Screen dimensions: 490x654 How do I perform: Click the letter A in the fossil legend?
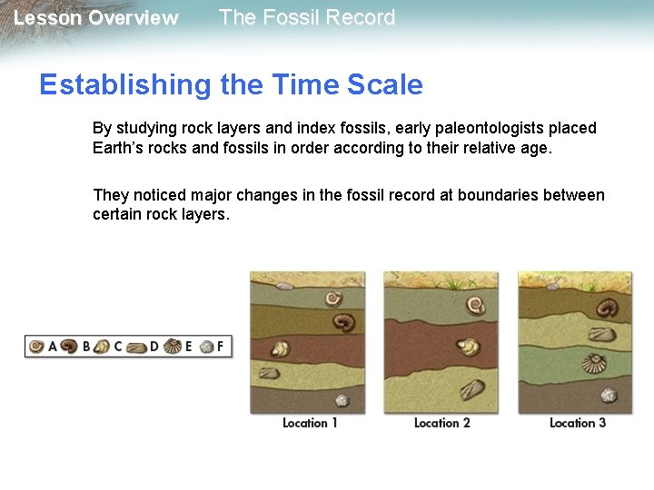click(52, 346)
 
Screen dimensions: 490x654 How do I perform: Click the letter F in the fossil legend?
click(220, 346)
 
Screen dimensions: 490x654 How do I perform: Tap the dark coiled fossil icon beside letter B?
click(69, 346)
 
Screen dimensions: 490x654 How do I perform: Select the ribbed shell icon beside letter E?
click(172, 346)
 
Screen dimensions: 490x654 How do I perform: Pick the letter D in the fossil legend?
click(154, 346)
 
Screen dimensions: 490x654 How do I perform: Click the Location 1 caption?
click(310, 423)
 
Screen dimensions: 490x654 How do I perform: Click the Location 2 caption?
click(442, 423)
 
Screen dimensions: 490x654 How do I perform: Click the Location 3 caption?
click(578, 423)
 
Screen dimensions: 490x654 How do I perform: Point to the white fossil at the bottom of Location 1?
click(342, 400)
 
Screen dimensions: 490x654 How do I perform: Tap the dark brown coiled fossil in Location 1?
click(344, 321)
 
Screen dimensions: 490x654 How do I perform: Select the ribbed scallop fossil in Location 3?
click(595, 365)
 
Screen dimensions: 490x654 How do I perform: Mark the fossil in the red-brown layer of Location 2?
click(468, 346)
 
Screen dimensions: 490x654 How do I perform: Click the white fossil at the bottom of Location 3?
click(608, 394)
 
